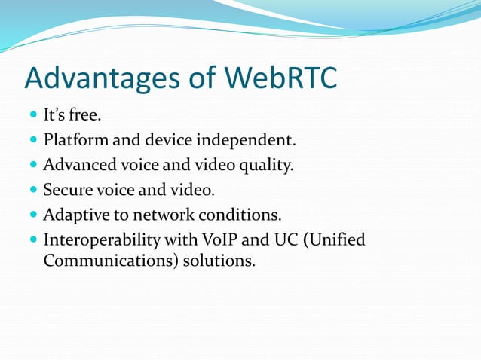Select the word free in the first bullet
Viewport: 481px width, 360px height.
pyautogui.click(x=83, y=116)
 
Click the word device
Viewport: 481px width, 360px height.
pyautogui.click(x=177, y=141)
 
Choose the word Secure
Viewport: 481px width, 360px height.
pyautogui.click(x=67, y=191)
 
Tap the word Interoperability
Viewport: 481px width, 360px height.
pyautogui.click(x=97, y=240)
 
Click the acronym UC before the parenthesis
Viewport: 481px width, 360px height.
pyautogui.click(x=268, y=240)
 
